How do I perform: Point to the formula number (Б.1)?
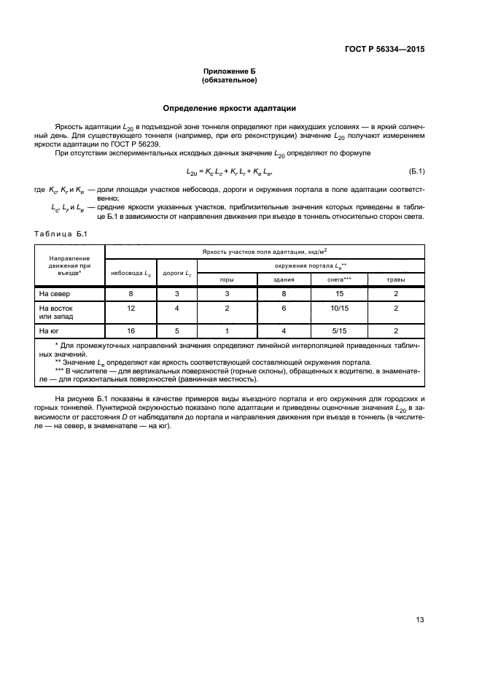416,171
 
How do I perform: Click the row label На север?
53,293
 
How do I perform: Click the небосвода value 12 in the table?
131,309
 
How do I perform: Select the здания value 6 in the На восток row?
284,309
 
